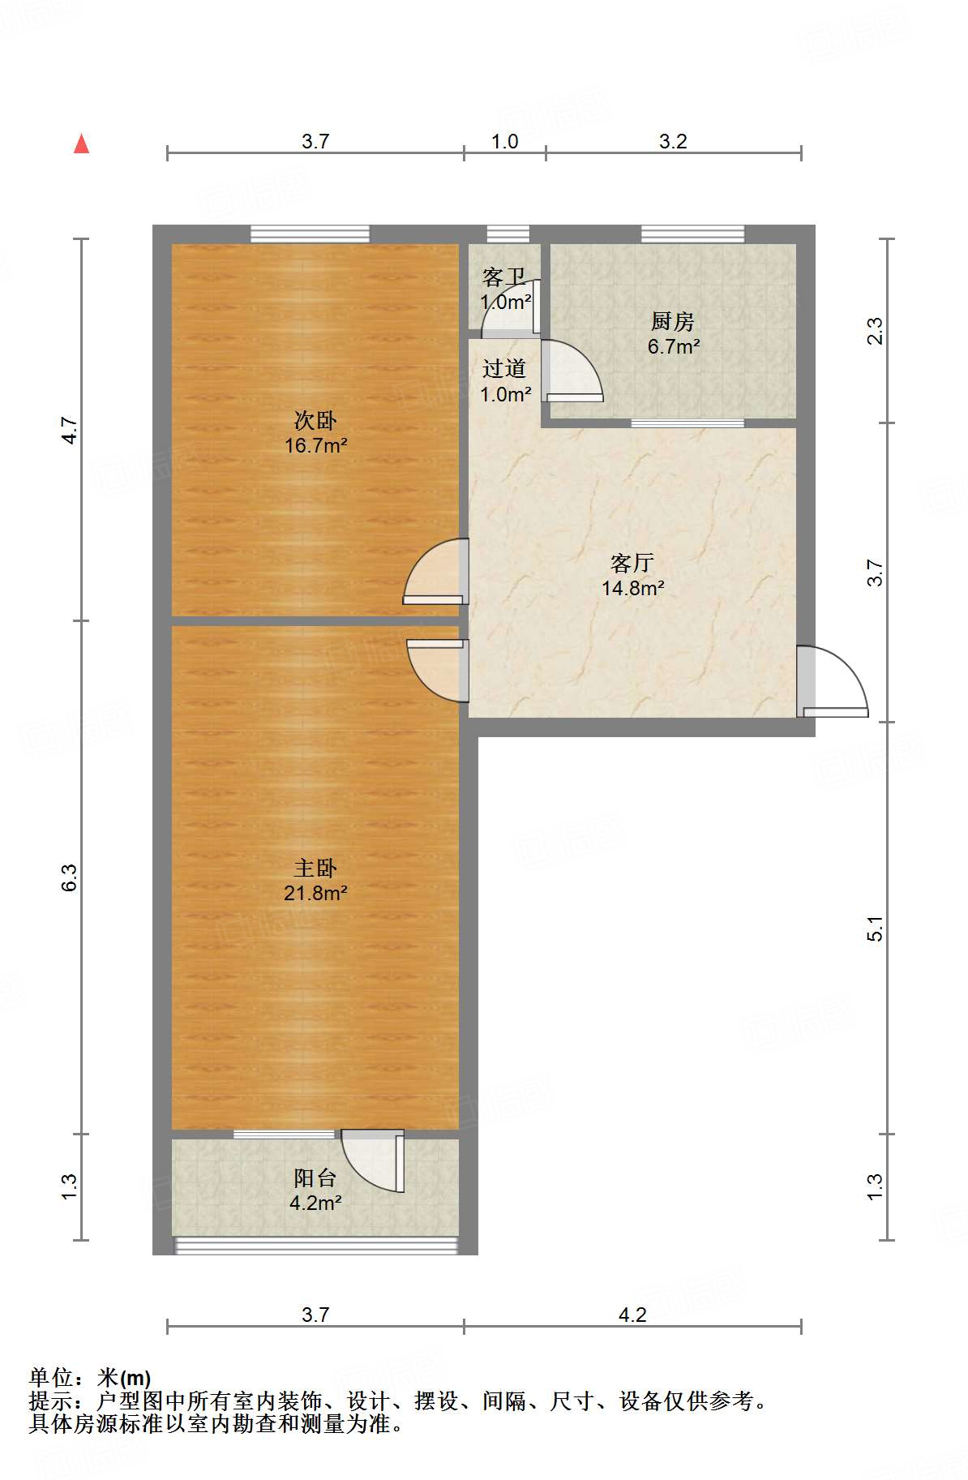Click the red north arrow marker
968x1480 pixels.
click(81, 144)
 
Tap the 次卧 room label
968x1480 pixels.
click(315, 420)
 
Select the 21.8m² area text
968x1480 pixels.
click(315, 893)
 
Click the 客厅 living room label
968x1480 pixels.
click(632, 563)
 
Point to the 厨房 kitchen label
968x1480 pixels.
click(672, 322)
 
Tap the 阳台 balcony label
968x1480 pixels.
click(315, 1178)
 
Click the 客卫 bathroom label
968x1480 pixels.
click(503, 278)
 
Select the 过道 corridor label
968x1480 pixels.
click(503, 369)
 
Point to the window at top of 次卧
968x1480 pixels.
click(310, 234)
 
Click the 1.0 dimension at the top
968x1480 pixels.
click(504, 141)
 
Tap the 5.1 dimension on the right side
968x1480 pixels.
click(875, 928)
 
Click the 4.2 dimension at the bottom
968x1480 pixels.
click(632, 1315)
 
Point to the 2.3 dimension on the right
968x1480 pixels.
click(875, 331)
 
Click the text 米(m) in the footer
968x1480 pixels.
click(124, 1377)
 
